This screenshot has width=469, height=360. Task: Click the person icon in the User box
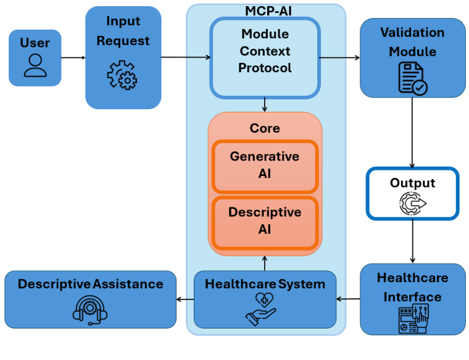click(35, 65)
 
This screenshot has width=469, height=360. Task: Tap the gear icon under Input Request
click(122, 75)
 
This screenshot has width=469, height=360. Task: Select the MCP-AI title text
click(265, 10)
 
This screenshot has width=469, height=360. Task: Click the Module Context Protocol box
click(265, 57)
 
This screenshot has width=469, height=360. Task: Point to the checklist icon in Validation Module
click(412, 78)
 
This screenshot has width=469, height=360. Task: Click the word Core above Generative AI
click(265, 128)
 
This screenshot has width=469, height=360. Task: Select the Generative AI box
click(265, 165)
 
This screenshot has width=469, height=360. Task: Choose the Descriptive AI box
click(265, 220)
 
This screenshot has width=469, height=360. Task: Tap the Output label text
click(412, 183)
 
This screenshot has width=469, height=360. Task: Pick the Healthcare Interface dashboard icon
click(412, 320)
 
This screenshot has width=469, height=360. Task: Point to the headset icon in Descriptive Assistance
click(90, 309)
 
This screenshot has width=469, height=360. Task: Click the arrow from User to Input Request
click(73, 58)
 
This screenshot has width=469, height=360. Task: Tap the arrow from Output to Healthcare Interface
click(412, 241)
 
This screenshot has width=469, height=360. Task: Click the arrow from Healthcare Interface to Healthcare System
click(348, 299)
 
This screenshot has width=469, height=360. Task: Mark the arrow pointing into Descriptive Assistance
click(185, 299)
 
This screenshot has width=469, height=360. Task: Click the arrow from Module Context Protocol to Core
click(265, 105)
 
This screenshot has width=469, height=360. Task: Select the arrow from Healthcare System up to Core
click(265, 263)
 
